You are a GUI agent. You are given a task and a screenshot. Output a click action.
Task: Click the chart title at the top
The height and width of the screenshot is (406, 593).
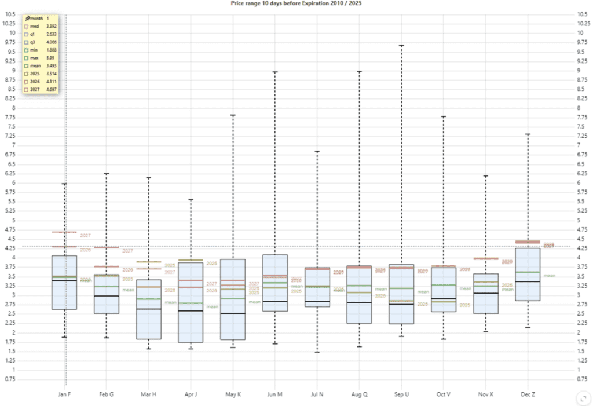point(297,3)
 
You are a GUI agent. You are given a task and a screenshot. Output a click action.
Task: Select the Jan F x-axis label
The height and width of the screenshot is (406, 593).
point(64,394)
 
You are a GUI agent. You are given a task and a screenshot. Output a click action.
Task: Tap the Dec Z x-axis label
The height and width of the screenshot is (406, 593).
point(528,394)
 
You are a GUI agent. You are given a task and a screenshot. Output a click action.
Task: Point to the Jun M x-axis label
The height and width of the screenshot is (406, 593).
point(274,394)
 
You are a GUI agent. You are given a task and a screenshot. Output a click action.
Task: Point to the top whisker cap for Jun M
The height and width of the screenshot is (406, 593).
point(274,72)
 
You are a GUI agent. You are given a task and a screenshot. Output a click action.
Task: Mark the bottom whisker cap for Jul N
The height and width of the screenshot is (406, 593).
point(317,352)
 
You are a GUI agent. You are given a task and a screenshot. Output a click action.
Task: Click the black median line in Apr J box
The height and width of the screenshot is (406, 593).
point(191,311)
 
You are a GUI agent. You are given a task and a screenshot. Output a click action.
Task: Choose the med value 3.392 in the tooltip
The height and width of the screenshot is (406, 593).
point(52,27)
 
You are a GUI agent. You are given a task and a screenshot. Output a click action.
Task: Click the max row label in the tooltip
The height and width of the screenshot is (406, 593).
point(34,58)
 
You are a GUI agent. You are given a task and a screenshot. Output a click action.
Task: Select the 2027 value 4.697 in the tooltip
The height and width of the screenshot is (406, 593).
point(52,90)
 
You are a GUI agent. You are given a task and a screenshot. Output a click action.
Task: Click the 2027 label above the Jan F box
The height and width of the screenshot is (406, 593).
point(86,236)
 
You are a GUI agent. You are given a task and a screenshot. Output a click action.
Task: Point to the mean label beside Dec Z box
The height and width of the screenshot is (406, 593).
point(550,276)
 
